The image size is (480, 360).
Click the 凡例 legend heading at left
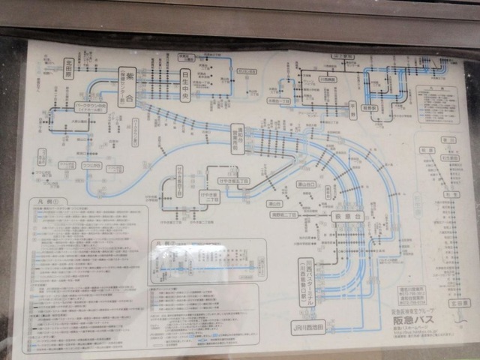pos(47,203)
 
